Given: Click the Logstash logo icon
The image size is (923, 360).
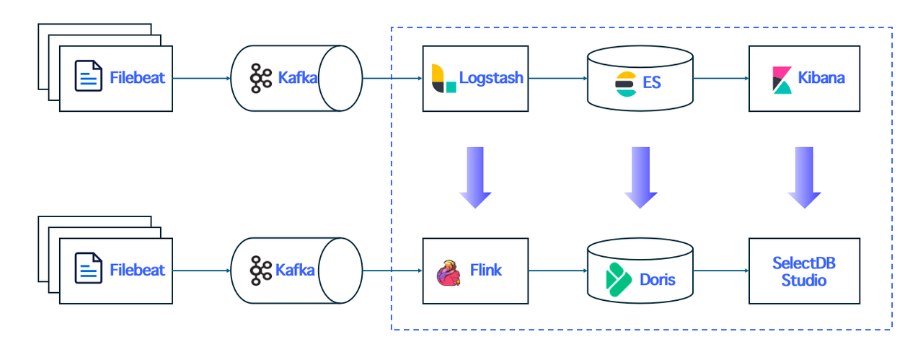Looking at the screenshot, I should pos(443,78).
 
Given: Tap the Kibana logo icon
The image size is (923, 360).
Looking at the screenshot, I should pos(782,79).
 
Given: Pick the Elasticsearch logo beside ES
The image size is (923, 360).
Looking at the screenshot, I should pos(624,84).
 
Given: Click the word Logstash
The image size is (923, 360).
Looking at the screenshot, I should pos(491,78).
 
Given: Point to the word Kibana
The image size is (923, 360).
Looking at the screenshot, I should pos(821,78).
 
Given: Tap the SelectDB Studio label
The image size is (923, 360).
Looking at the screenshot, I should pos(804,271).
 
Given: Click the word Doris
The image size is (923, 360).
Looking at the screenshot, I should pos(657,278).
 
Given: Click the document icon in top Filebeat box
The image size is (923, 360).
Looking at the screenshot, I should pos(89,76).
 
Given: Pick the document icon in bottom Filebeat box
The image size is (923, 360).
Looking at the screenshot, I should pos(89,270).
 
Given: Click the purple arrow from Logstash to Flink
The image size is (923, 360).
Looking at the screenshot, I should pos(474,177).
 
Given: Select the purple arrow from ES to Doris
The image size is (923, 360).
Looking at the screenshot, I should pos(640,177).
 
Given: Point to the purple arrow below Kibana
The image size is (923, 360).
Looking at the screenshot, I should pos(804,177).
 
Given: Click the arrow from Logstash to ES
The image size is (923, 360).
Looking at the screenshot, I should pos(557,78).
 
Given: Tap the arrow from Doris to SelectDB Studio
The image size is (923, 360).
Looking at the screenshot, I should pos(721,271).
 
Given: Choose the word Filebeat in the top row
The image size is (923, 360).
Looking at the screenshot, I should pos(137,77).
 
